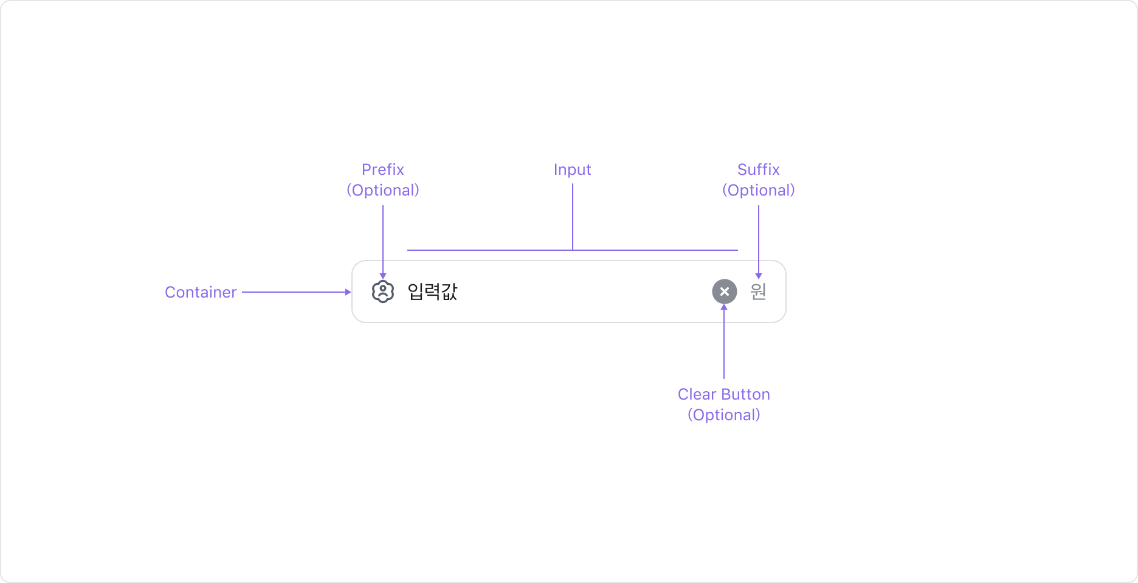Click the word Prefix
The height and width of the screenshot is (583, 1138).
coord(383,169)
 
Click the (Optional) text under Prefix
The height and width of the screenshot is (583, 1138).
coord(383,190)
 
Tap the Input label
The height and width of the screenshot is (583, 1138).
coord(572,170)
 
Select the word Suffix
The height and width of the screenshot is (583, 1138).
coord(758,169)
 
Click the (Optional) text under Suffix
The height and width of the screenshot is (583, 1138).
coord(758,190)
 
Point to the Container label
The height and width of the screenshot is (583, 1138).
coord(201,292)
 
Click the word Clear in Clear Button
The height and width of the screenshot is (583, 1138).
coord(697,394)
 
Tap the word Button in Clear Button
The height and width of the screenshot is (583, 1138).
coord(745,394)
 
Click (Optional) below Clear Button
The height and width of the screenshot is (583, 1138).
coord(723,415)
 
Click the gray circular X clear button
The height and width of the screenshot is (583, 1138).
coord(724,291)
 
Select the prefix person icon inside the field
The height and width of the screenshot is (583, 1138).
coord(383,292)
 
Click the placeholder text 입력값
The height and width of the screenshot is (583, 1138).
coord(432,291)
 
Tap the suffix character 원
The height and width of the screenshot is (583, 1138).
coord(758,291)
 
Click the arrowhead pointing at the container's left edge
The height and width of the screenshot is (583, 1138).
coord(348,292)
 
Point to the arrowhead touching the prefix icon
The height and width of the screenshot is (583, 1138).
coord(383,276)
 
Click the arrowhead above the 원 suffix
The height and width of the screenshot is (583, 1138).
coord(758,276)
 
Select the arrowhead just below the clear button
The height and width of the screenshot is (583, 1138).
coord(724,307)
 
